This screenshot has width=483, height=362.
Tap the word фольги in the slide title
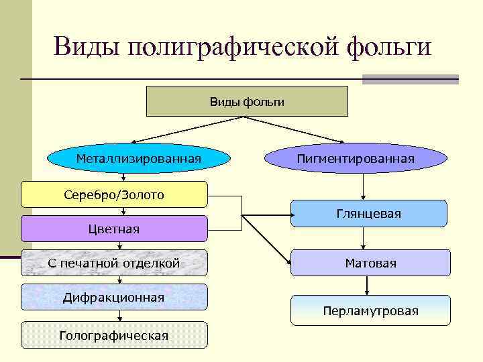tap(389, 48)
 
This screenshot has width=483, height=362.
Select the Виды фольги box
tap(247, 101)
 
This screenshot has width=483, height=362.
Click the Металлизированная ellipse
tap(138, 159)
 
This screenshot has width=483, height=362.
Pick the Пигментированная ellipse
tap(356, 159)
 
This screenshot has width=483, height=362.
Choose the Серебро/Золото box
tap(114, 194)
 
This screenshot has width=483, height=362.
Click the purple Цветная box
tap(114, 229)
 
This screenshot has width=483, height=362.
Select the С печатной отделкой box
tap(114, 263)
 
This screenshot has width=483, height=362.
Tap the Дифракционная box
tap(114, 297)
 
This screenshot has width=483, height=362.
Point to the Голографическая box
tap(114, 335)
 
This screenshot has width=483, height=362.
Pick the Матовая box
tap(370, 263)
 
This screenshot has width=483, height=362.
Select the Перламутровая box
tap(370, 310)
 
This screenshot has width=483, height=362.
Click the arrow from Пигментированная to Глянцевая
tap(364, 186)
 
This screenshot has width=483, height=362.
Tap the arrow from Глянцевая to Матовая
tap(364, 239)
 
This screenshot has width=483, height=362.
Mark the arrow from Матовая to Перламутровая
tap(366, 286)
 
